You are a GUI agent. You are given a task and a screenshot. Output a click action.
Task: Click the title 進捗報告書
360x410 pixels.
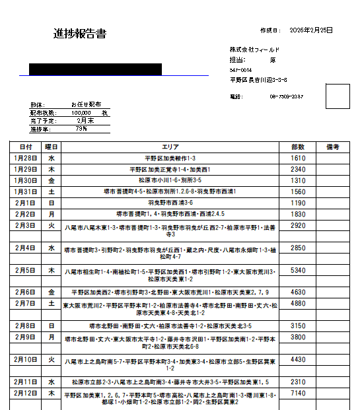coord(80,34)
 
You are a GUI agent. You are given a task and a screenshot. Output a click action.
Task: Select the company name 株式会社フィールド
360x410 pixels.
coord(255,50)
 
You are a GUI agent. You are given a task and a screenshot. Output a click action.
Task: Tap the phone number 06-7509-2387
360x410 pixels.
coord(286,96)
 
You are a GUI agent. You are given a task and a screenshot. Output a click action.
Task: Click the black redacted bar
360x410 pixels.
coord(96,69)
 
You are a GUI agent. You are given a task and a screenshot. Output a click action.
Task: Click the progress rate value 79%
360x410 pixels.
coord(81,129)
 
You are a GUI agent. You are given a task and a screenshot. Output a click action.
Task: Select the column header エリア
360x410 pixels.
coord(170,147)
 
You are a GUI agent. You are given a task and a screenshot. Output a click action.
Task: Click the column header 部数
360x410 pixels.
coord(297,147)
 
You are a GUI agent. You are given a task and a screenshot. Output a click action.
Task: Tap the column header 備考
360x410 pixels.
coord(333,147)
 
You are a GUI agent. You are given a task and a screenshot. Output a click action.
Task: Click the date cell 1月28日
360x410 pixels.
coord(26,158)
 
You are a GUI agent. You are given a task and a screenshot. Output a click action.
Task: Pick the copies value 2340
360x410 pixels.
coord(297,169)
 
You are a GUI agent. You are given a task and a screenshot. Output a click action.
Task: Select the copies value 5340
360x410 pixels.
coord(297,271)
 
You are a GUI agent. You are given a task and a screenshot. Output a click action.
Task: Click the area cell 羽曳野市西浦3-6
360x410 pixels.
coord(170,203)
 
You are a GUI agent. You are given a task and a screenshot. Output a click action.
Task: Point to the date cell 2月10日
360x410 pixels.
coord(26,360)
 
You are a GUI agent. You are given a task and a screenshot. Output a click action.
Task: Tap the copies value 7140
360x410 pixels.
coord(297,393)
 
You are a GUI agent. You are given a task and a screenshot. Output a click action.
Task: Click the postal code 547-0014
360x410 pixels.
coord(240,69)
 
